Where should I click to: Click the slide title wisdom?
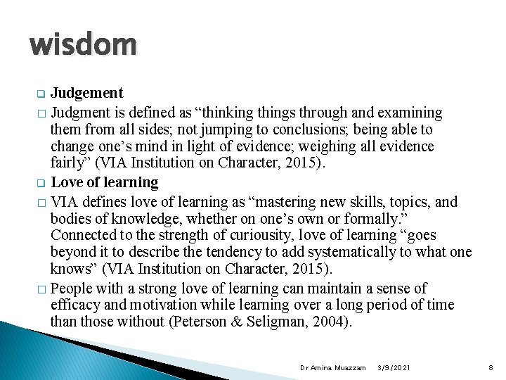click(x=83, y=45)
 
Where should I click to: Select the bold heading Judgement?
click(x=87, y=93)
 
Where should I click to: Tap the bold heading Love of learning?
click(x=105, y=182)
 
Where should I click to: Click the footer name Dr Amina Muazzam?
click(x=332, y=368)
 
